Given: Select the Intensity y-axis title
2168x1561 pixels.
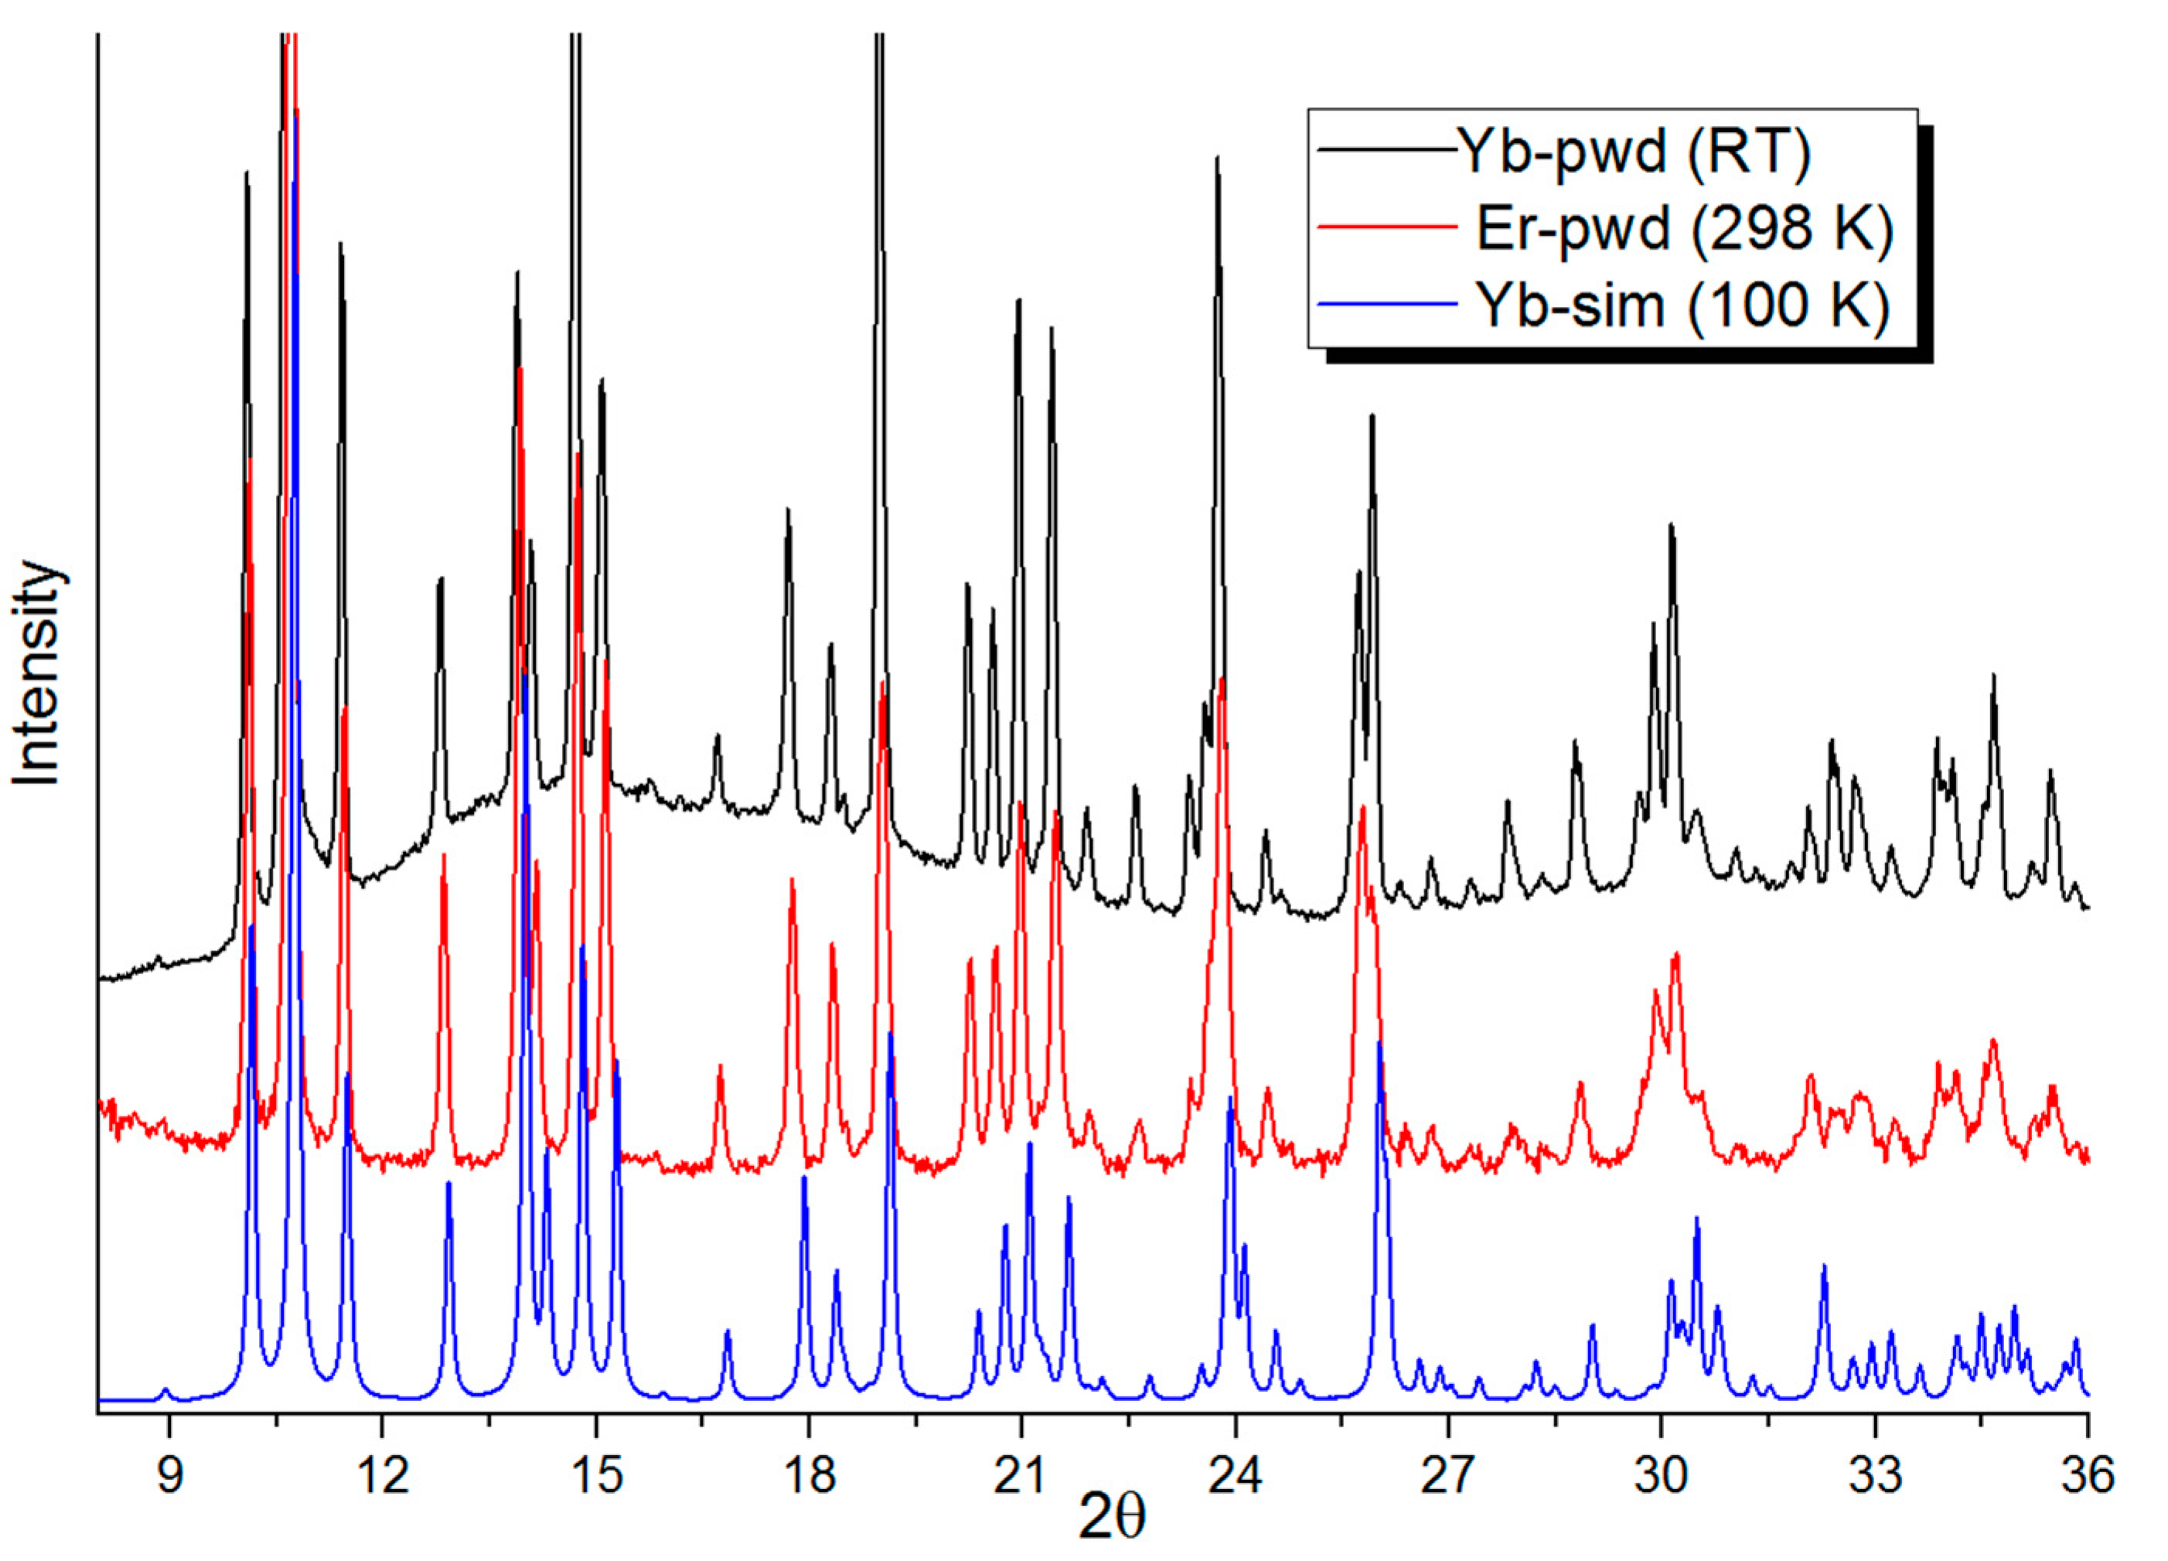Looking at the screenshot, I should (x=38, y=674).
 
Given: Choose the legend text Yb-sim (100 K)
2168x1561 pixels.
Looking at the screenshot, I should (x=1682, y=305).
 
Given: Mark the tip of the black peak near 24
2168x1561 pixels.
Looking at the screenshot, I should (x=1217, y=158).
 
